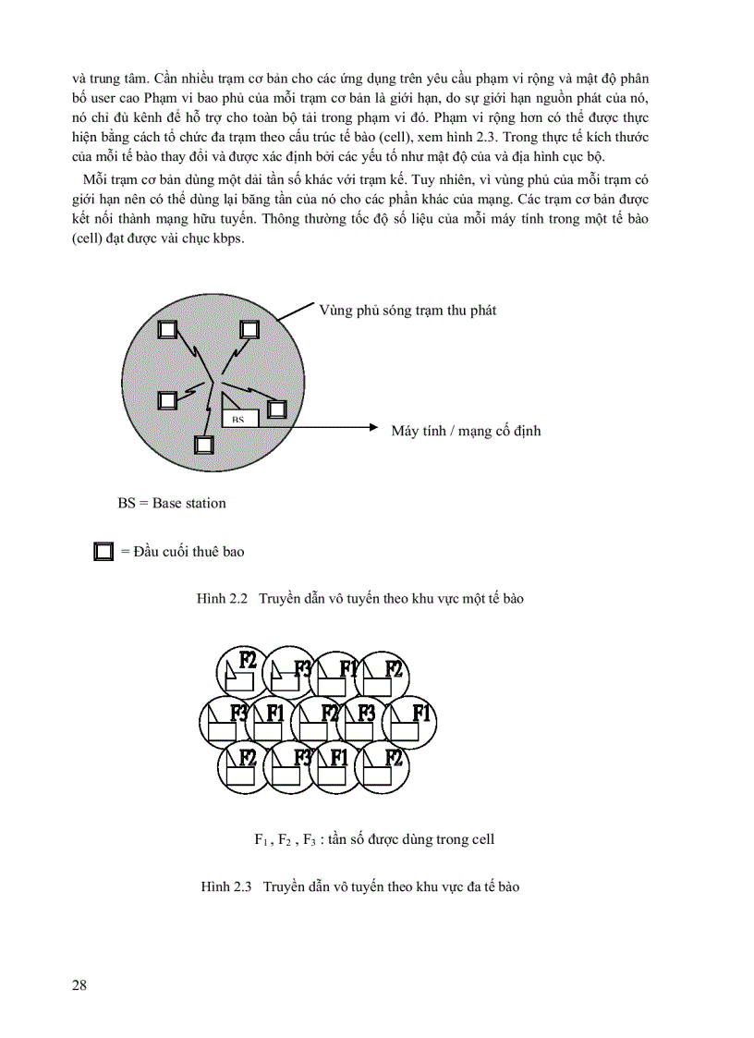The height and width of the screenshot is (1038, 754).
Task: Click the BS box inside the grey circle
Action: (238, 419)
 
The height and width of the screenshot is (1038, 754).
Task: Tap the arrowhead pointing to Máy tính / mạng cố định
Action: (374, 427)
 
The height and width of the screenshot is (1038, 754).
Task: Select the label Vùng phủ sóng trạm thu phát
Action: (407, 311)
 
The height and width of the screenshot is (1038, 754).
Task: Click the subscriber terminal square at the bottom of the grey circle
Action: (204, 444)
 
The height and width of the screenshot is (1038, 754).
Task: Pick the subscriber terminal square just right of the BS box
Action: (276, 409)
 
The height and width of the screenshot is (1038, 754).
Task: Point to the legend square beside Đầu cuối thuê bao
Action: (103, 552)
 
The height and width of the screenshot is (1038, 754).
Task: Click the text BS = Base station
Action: (172, 503)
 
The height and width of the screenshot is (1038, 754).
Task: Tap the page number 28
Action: (79, 984)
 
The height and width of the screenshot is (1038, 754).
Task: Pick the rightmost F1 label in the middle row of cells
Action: (422, 712)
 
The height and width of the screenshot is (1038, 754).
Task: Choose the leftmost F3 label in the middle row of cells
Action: (238, 713)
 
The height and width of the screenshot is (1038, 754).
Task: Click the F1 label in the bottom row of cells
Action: (340, 757)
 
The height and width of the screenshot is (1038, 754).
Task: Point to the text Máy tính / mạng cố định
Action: (466, 431)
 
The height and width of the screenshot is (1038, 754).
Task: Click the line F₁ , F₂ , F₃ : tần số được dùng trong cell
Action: (374, 839)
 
